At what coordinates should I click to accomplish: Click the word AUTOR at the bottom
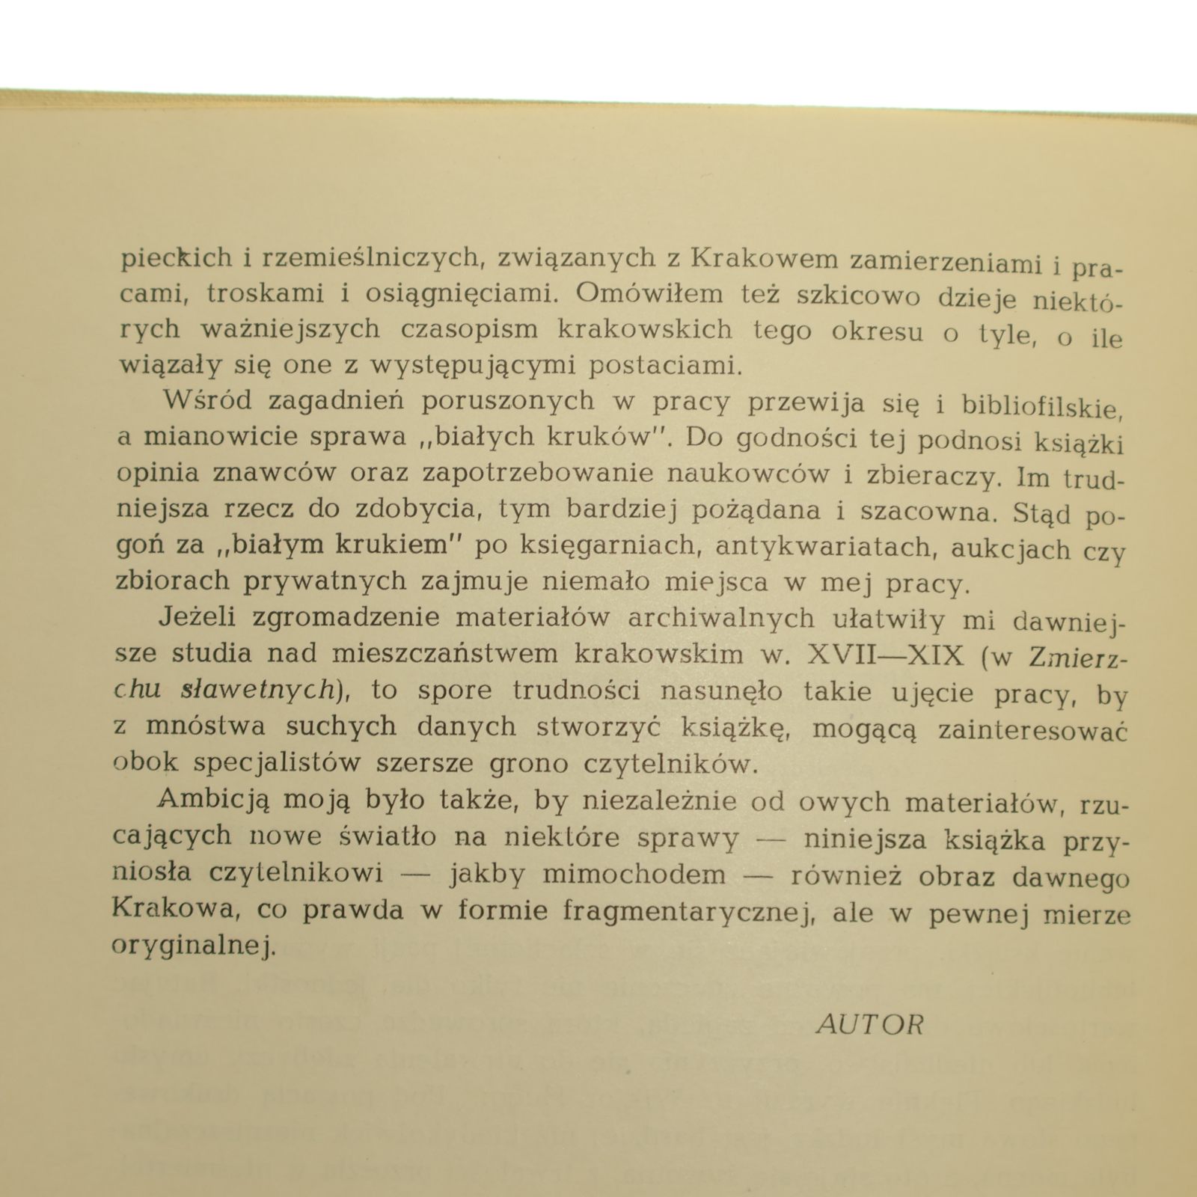click(870, 1024)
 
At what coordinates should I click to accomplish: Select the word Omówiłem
click(649, 294)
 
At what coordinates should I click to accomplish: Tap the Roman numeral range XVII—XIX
click(886, 656)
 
